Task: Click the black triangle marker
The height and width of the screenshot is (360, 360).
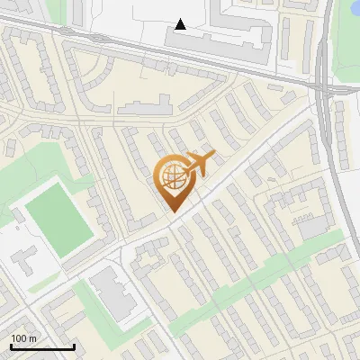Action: click(x=181, y=24)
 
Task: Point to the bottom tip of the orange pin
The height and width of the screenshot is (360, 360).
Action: click(x=173, y=213)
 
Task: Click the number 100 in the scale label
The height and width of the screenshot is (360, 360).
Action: click(x=19, y=338)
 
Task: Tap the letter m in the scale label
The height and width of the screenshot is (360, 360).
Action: click(x=33, y=338)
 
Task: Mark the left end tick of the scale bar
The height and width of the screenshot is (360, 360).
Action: click(x=11, y=346)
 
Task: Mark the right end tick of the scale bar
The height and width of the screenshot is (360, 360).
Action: click(x=74, y=346)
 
